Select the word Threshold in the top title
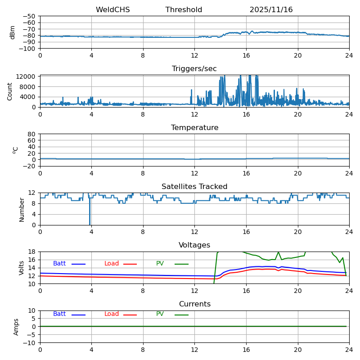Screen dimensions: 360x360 pos(184,10)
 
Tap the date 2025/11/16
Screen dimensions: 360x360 pos(271,10)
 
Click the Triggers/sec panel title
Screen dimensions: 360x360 pos(194,69)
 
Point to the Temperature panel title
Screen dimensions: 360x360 pos(194,128)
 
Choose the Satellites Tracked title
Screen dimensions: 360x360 pos(194,187)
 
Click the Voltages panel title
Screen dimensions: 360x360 pos(194,245)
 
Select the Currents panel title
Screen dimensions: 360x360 pos(194,304)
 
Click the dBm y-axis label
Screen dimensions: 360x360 pos(13,32)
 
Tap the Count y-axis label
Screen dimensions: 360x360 pos(10,91)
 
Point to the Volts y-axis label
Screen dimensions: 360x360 pos(22,268)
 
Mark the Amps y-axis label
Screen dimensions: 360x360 pos(16,327)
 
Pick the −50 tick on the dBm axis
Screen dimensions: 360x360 pos(29,16)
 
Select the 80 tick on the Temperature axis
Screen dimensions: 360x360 pos(32,134)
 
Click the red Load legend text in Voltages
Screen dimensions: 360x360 pos(112,264)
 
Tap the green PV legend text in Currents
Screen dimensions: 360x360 pos(160,314)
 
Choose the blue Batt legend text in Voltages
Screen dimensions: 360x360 pos(59,264)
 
